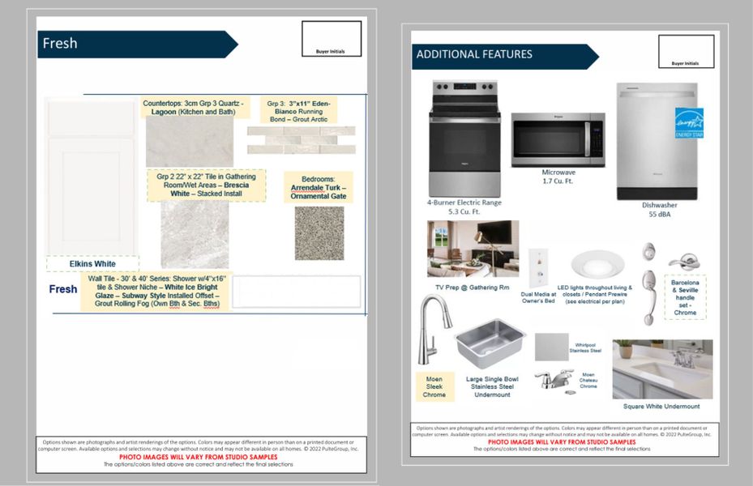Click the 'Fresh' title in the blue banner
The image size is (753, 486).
tap(60, 44)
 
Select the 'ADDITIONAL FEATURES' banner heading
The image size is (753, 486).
tap(474, 54)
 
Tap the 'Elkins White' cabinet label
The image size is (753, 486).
tap(92, 263)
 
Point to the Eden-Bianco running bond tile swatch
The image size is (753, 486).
tap(301, 139)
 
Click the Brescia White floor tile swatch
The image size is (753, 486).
tap(195, 234)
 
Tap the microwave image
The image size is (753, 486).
tap(558, 139)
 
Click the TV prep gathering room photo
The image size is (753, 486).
tap(473, 249)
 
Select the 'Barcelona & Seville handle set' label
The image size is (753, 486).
tap(685, 297)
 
